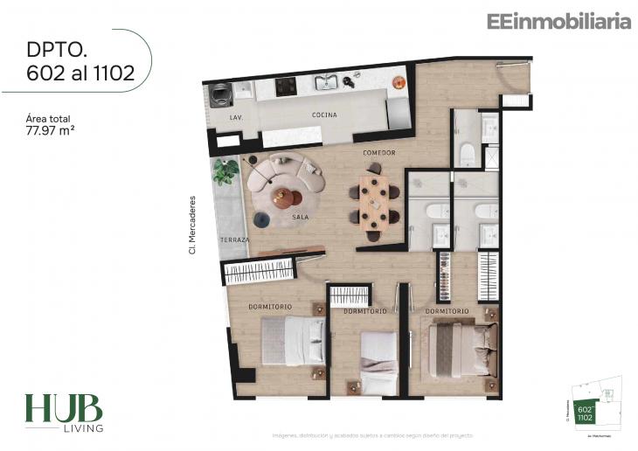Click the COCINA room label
click(x=324, y=115)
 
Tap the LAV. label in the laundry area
click(x=235, y=115)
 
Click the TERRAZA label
click(x=235, y=239)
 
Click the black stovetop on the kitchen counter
click(x=286, y=86)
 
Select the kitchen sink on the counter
click(x=326, y=84)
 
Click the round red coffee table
click(x=281, y=197)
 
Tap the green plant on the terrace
click(x=226, y=171)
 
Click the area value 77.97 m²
click(x=50, y=133)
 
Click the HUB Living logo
click(x=63, y=413)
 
